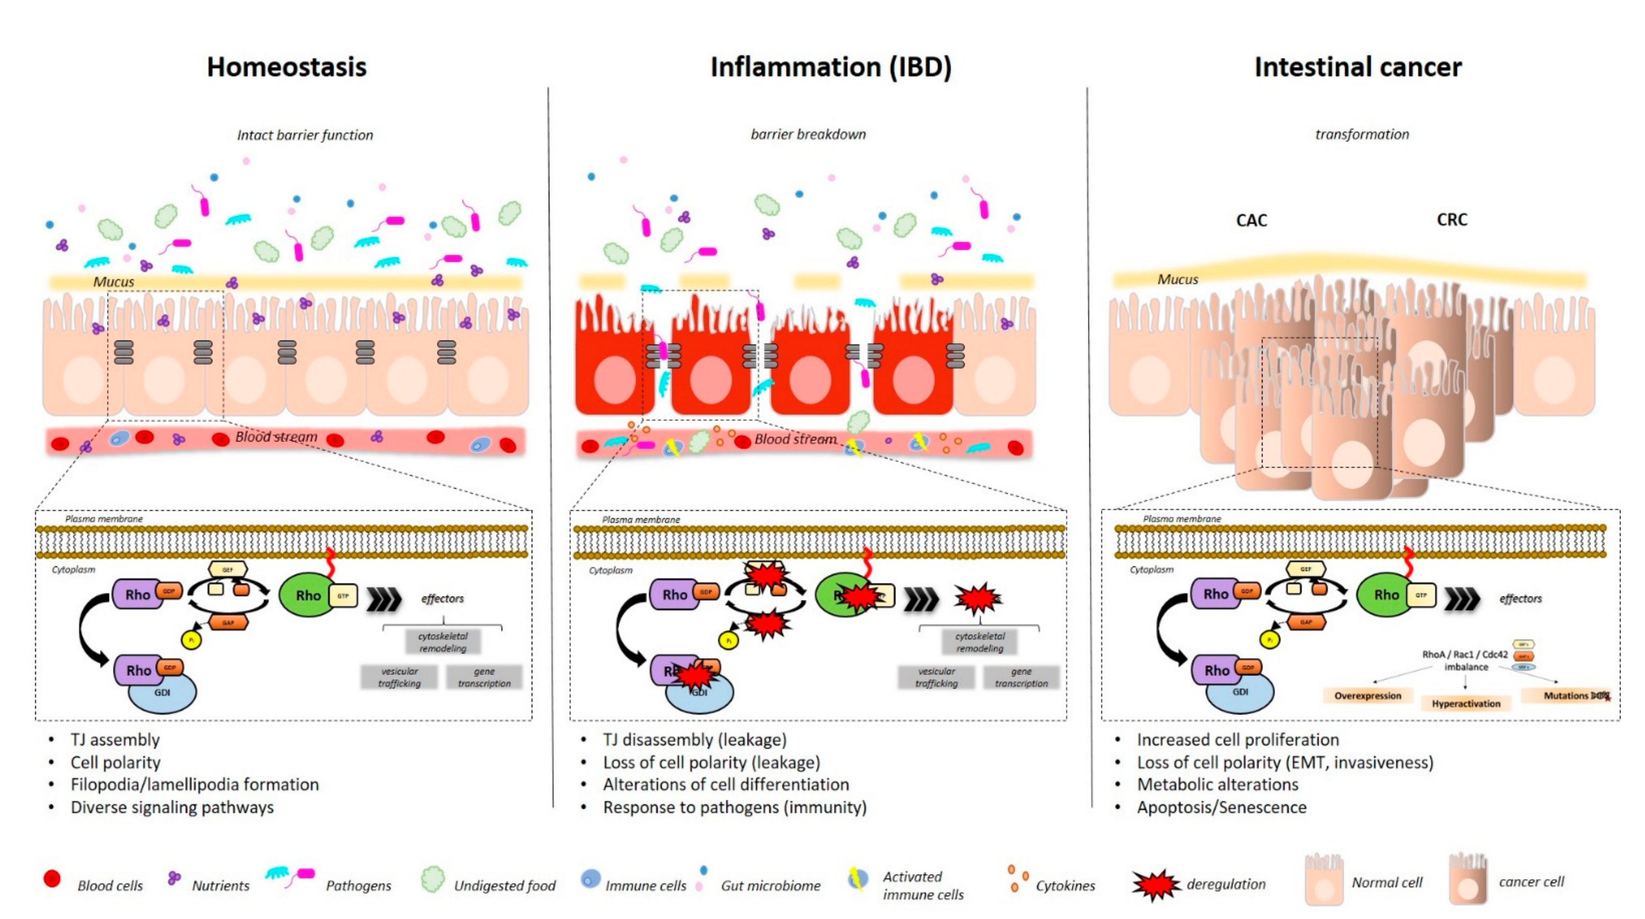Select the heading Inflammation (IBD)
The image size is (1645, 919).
click(x=831, y=67)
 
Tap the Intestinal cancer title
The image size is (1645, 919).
click(x=1358, y=67)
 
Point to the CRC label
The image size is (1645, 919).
click(x=1452, y=220)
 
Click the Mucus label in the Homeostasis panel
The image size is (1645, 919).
click(x=114, y=282)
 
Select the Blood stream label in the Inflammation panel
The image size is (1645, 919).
click(x=795, y=439)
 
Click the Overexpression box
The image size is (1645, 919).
click(x=1367, y=695)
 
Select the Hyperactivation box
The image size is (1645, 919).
click(x=1466, y=703)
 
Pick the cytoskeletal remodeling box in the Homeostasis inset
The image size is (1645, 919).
click(x=442, y=642)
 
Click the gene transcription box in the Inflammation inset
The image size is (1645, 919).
click(x=1021, y=677)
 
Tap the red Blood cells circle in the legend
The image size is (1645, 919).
click(x=52, y=879)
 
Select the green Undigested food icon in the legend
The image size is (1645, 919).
click(x=433, y=879)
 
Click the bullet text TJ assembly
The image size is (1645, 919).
click(x=115, y=740)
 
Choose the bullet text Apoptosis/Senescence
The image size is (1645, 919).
click(x=1221, y=807)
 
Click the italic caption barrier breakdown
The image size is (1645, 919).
click(x=808, y=134)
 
